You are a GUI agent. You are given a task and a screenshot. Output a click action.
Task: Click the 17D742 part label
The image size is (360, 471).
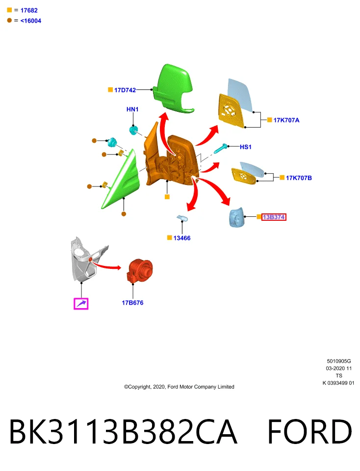point(125,90)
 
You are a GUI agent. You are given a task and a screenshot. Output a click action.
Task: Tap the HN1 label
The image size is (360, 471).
point(132,109)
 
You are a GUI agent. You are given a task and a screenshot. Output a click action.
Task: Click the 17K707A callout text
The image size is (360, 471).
point(286,120)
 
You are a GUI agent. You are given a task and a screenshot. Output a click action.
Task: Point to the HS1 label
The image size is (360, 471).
point(245,147)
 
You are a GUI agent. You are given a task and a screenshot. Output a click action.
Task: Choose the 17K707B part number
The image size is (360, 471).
point(299,178)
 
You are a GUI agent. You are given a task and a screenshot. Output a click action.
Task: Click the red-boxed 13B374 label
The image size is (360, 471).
point(274,217)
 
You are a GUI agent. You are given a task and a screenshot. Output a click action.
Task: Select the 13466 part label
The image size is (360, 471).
point(181,238)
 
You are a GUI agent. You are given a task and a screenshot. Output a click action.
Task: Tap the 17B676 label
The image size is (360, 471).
point(132,303)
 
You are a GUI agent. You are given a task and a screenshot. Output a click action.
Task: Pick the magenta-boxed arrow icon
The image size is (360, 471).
point(81,304)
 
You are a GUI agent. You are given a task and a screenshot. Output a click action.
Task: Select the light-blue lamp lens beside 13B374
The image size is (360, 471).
point(236,217)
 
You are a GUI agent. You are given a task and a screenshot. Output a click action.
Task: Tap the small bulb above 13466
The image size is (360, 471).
point(182,218)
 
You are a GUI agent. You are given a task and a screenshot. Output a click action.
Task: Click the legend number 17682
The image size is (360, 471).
point(29,10)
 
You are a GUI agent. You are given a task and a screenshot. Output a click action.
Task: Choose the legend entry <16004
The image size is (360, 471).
point(30,21)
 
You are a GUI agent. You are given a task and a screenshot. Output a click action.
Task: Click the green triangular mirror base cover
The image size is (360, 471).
point(121,180)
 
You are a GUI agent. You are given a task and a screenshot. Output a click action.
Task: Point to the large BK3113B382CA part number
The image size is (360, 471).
point(124,432)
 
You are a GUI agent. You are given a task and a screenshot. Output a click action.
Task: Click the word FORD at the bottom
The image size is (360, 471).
point(309,432)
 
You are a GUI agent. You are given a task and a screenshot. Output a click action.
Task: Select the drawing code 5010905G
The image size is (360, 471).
point(339,361)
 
